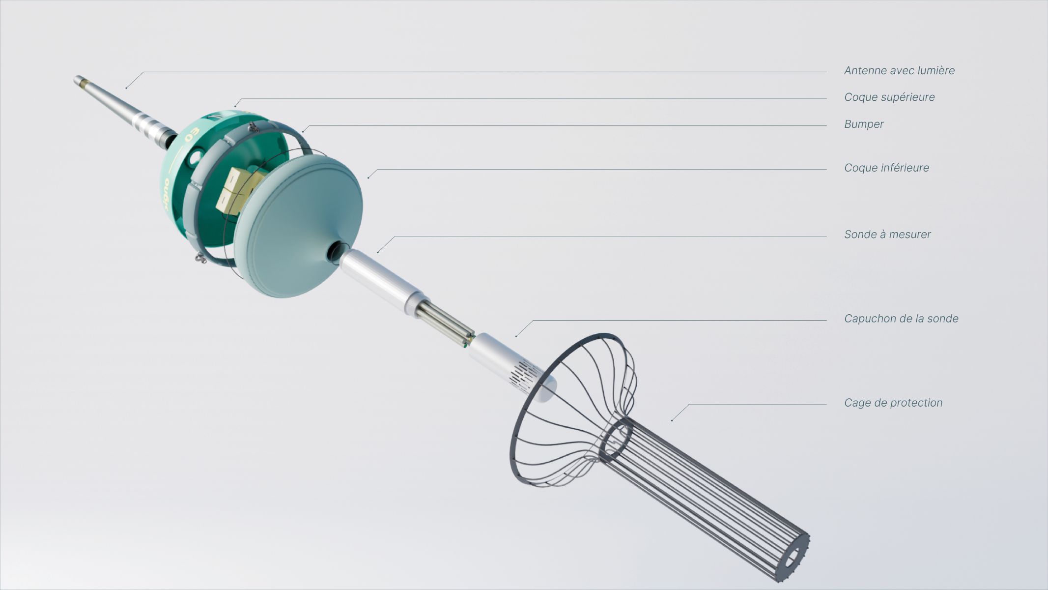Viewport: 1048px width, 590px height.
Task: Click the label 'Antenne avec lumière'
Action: [x=899, y=70]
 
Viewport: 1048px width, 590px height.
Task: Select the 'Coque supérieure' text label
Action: [x=889, y=97]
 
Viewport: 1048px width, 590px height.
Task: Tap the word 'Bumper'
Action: [x=864, y=124]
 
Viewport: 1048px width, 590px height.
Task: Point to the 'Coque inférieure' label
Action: [x=886, y=168]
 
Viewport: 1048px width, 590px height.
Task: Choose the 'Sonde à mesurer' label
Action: [x=887, y=235]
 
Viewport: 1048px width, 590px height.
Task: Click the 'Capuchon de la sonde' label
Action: [x=901, y=319]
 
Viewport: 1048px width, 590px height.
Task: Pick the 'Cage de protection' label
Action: [x=893, y=403]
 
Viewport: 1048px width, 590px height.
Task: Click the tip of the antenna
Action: [x=77, y=79]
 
